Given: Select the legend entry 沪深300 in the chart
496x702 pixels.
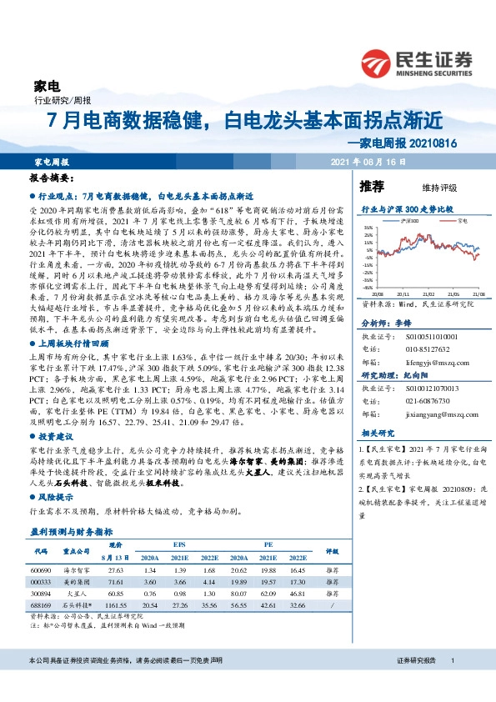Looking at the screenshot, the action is point(408,222).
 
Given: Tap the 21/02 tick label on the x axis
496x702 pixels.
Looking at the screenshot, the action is point(429,294).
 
